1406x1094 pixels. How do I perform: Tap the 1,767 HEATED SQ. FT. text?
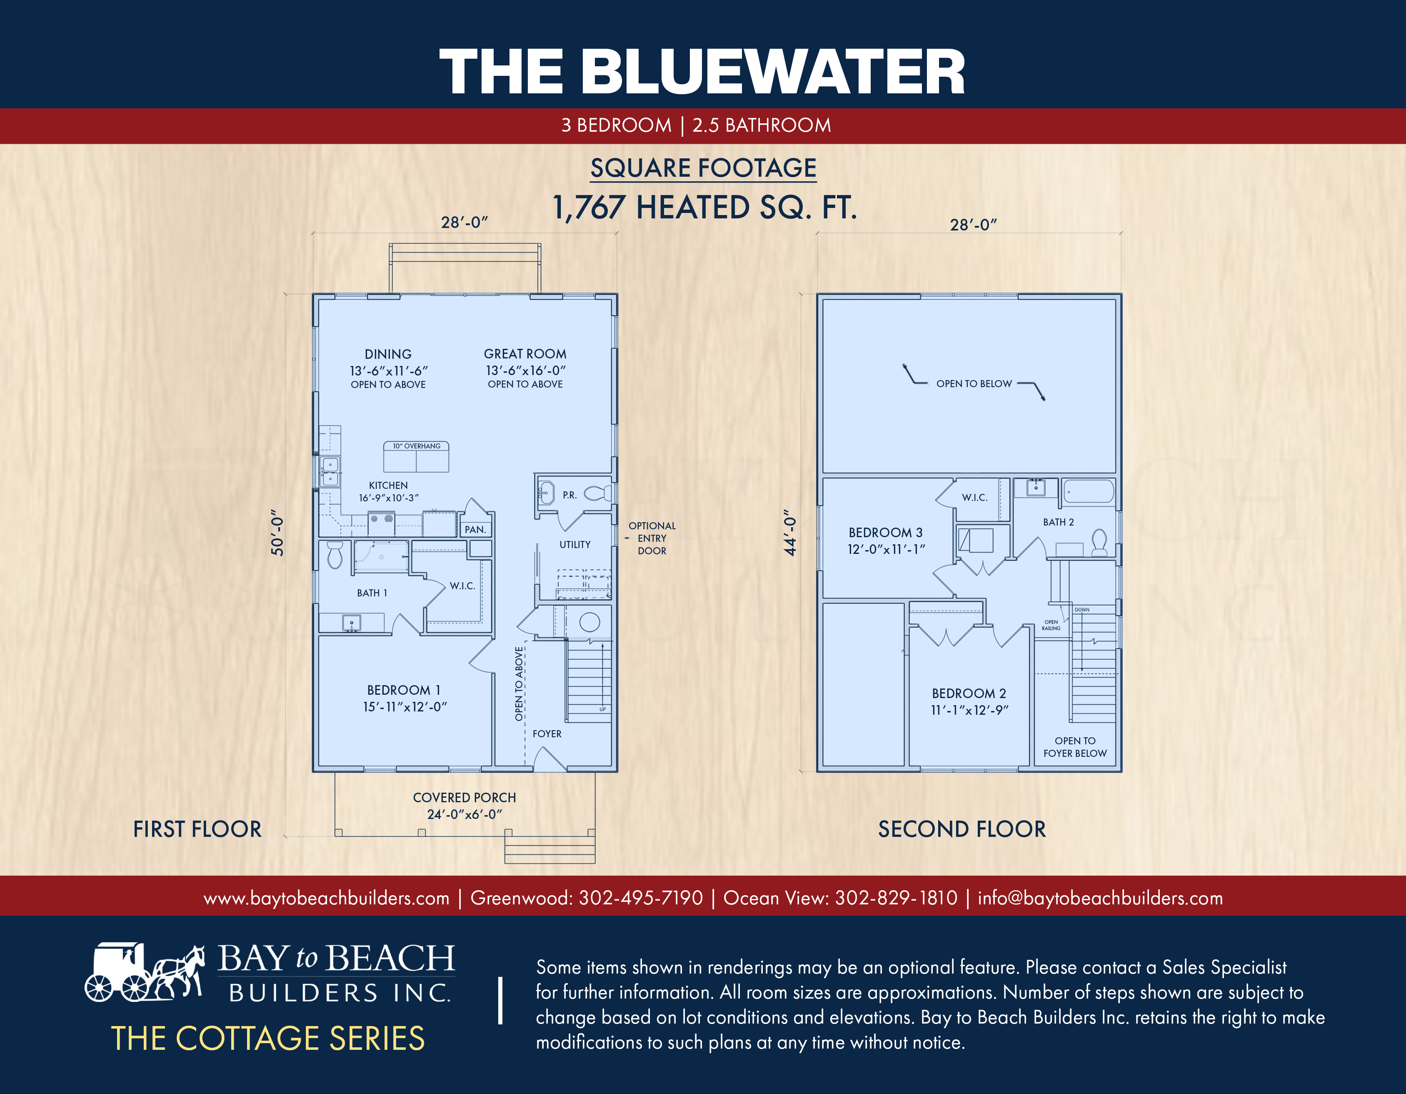point(705,207)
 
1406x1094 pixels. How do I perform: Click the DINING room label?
point(388,354)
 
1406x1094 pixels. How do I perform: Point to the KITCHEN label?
point(388,485)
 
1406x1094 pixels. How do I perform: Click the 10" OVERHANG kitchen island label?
point(417,446)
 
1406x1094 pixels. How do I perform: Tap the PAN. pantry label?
point(475,529)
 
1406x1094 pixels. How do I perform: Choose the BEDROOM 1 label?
point(404,690)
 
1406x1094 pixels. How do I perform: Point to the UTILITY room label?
point(575,544)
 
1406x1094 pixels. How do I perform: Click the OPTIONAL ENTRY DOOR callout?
point(652,538)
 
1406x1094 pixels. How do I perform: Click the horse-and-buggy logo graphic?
point(145,972)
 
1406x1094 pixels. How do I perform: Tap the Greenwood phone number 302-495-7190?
point(641,898)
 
